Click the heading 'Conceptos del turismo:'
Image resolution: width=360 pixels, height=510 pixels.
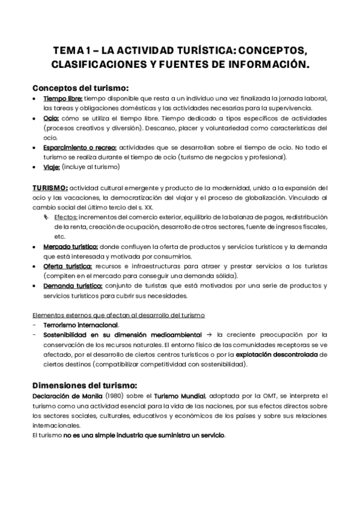pyautogui.click(x=80, y=87)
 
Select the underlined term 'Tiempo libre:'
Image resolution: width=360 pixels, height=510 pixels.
pyautogui.click(x=63, y=99)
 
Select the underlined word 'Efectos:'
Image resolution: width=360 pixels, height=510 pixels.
pyautogui.click(x=66, y=217)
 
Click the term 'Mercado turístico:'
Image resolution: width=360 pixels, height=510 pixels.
pyautogui.click(x=70, y=247)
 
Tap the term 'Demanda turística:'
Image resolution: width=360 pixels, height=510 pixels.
pyautogui.click(x=73, y=286)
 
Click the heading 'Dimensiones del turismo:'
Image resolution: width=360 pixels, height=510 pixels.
pyautogui.click(x=85, y=385)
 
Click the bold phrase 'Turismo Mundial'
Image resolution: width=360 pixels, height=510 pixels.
pyautogui.click(x=178, y=396)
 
